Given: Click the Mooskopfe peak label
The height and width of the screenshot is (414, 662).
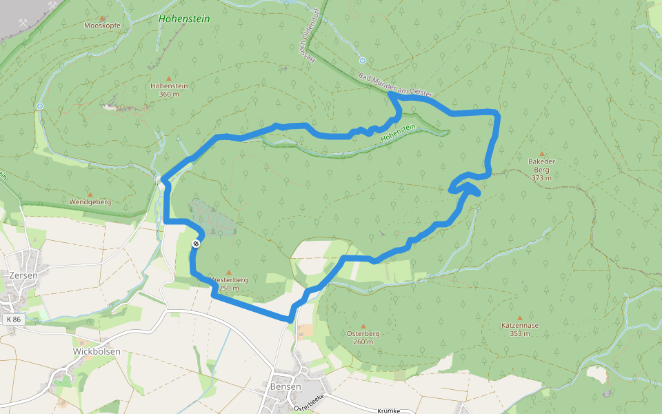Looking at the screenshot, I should tap(102, 26).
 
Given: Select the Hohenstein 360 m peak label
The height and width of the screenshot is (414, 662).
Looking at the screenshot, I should tap(169, 90).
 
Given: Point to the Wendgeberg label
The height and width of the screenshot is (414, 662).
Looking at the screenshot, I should tap(90, 201).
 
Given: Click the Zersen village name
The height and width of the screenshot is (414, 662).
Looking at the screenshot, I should tap(23, 275).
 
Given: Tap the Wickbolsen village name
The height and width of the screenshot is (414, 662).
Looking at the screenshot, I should tap(97, 351).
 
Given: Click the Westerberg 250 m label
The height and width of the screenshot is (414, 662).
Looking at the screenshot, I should tap(228, 284).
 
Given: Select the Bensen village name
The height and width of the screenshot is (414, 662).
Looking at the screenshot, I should tap(286, 386).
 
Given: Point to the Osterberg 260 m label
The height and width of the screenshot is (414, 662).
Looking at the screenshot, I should tap(363, 337).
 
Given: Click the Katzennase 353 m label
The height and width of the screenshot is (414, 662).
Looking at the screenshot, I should tap(520, 329).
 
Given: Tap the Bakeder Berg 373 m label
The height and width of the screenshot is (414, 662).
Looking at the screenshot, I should tap(541, 169).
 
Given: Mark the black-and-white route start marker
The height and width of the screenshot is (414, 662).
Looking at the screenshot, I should tap(197, 244).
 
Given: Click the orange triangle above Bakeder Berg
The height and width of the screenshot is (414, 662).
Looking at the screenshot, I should tap(542, 154).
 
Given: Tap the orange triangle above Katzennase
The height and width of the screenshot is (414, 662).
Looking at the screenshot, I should tap(520, 318).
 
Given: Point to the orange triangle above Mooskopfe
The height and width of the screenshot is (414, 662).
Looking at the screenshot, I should tap(102, 18).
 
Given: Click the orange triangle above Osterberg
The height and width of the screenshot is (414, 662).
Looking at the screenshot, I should tap(363, 326).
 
